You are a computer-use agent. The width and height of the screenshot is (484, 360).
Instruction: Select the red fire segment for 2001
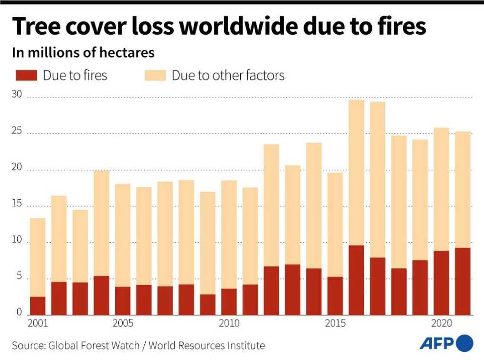point(38,306)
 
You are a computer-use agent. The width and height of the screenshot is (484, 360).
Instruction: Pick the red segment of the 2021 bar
point(463,281)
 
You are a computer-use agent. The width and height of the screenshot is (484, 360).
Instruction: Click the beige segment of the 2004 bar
point(101,223)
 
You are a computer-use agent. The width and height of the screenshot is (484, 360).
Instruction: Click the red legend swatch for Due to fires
point(27,76)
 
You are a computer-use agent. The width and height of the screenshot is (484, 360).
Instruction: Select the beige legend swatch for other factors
point(155,76)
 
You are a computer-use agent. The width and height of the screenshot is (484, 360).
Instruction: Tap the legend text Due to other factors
point(228,76)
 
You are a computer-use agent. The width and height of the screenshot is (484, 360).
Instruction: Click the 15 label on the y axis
point(16,204)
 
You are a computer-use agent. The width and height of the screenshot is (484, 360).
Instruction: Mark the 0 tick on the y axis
point(19,312)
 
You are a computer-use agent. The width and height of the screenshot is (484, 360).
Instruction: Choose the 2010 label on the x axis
point(229,324)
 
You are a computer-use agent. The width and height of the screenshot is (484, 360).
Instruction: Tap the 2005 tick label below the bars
point(123,324)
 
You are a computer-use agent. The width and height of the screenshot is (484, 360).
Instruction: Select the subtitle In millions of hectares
point(83,53)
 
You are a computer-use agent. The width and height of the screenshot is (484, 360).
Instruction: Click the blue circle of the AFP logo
point(465,344)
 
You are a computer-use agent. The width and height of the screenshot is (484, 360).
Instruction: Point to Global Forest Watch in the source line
point(94,346)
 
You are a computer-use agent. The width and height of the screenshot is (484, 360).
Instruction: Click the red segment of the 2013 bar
point(293,290)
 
